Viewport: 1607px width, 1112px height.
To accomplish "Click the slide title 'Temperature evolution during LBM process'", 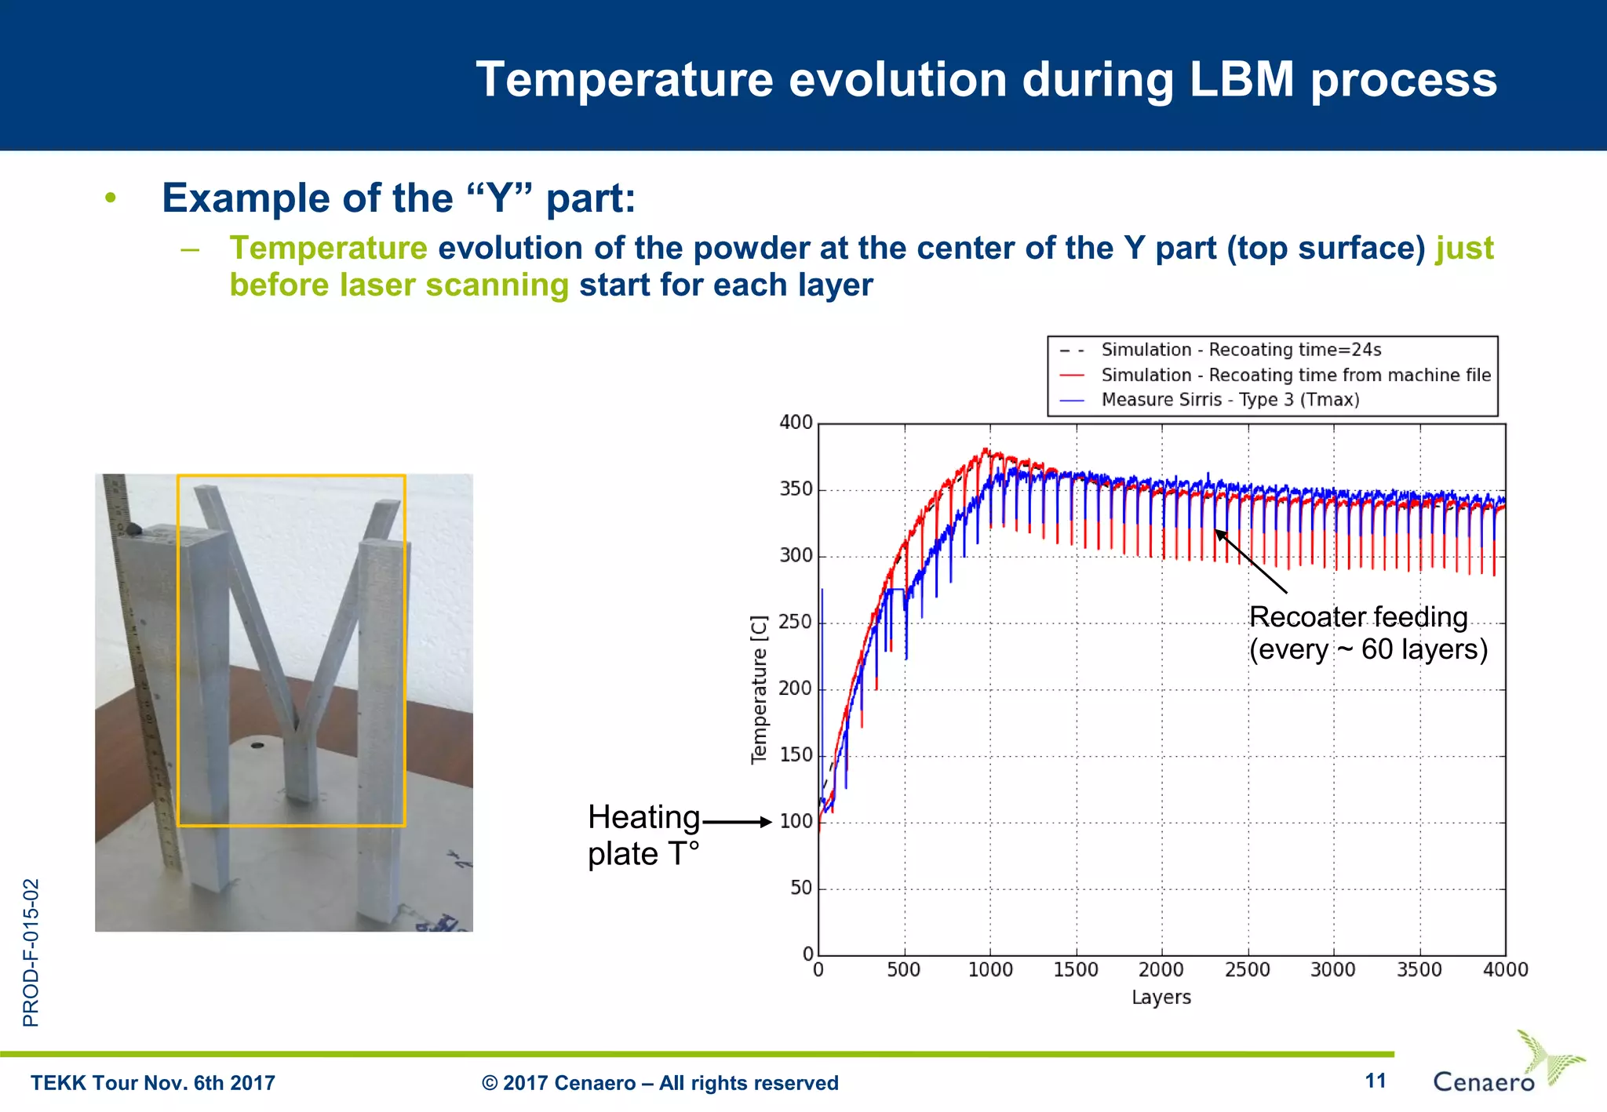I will click(986, 80).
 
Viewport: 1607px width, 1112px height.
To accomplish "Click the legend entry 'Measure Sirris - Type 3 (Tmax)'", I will click(1230, 400).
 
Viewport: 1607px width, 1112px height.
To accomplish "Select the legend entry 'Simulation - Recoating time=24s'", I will click(1241, 350).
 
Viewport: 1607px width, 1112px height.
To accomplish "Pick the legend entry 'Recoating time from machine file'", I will click(1295, 375).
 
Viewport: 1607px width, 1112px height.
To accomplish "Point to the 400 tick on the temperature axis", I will click(796, 423).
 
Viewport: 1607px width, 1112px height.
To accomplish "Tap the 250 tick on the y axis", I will click(796, 623).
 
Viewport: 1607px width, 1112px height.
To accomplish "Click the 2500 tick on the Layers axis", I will click(1247, 970).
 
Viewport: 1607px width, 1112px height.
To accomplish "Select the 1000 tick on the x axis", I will click(989, 970).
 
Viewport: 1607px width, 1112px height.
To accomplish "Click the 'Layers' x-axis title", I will click(1161, 998).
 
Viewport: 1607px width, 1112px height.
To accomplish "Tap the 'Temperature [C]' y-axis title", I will click(759, 689).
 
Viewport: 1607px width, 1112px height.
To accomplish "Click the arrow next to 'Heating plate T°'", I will click(738, 822).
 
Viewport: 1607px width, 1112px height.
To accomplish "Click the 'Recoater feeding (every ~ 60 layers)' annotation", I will click(1368, 634).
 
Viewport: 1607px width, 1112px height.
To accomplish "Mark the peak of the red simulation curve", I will click(987, 450).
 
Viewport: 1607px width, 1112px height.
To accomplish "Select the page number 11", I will click(1375, 1081).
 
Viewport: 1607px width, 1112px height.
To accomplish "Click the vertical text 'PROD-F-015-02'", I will click(31, 952).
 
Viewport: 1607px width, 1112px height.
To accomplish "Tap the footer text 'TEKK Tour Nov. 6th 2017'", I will click(153, 1083).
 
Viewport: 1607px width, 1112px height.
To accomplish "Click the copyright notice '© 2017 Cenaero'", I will click(660, 1083).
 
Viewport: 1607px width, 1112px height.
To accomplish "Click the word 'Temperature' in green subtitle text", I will click(328, 249).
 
